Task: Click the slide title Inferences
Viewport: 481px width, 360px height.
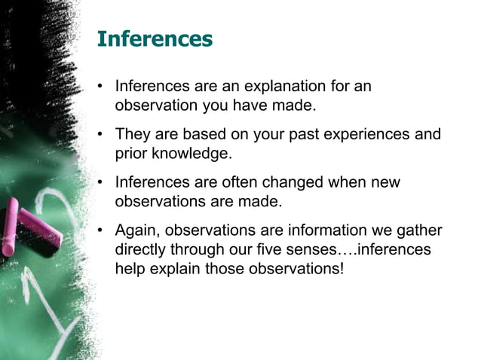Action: tap(155, 39)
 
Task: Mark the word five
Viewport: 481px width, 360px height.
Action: tap(274, 249)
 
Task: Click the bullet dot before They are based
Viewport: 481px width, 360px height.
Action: tap(100, 135)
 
